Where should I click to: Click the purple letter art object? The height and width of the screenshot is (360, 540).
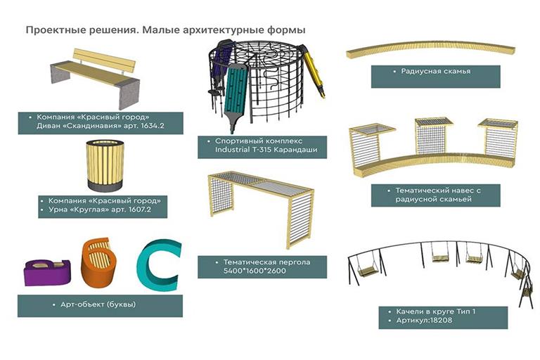click(x=47, y=272)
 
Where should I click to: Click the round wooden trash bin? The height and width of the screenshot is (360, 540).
click(x=105, y=165)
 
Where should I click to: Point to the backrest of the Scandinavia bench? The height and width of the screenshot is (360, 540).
click(x=104, y=60)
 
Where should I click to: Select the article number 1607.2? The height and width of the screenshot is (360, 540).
click(x=139, y=210)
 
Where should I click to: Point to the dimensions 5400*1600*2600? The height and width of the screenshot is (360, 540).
click(x=255, y=271)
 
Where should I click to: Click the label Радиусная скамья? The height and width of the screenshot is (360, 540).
click(x=436, y=71)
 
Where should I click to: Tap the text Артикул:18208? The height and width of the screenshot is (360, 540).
click(x=424, y=321)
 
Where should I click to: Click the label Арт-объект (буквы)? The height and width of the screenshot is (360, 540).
click(x=98, y=304)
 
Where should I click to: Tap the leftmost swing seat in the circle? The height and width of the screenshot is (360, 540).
click(x=367, y=272)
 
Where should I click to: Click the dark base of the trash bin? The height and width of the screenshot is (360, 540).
click(x=105, y=186)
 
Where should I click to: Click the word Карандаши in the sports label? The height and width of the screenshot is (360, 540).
click(x=295, y=150)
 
